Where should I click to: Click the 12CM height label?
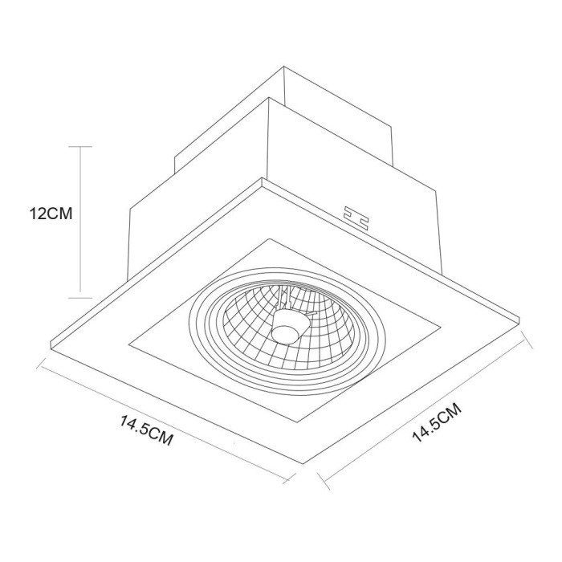click(x=50, y=214)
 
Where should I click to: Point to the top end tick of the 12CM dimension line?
click(x=80, y=147)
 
